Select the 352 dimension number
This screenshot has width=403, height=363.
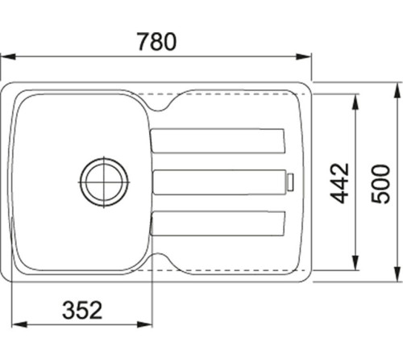81,309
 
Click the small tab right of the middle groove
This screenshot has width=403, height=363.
291,182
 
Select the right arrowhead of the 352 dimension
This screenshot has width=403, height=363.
147,326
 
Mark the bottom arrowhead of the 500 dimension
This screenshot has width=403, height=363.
398,279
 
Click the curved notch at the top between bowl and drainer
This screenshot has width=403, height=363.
164,103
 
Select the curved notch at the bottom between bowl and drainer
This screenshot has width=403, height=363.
164,260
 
